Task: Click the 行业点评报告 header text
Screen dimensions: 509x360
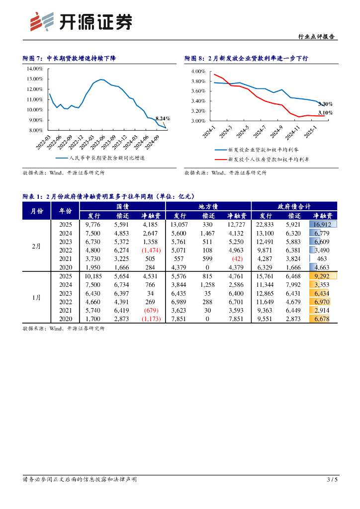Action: click(x=316, y=36)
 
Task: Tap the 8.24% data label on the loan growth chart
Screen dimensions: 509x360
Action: click(x=163, y=118)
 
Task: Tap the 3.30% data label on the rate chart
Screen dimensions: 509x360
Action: click(x=325, y=104)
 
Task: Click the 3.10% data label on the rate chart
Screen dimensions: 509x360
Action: click(x=325, y=113)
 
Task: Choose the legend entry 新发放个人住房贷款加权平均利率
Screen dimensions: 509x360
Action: click(x=268, y=160)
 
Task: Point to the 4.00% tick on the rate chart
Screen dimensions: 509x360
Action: click(x=198, y=72)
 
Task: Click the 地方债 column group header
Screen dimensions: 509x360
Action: click(x=208, y=206)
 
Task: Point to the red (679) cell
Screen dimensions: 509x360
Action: click(x=151, y=310)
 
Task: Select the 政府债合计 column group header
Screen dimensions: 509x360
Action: click(x=294, y=206)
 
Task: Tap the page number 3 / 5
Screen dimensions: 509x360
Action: click(x=332, y=479)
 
